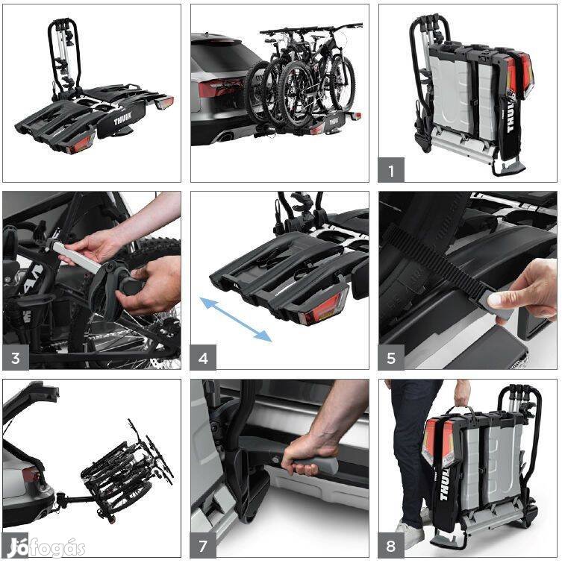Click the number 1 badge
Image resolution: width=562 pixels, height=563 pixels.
click(391, 170)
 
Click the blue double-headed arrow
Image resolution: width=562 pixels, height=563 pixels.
click(236, 318)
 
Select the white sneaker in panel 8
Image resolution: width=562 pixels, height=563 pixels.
click(410, 534)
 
